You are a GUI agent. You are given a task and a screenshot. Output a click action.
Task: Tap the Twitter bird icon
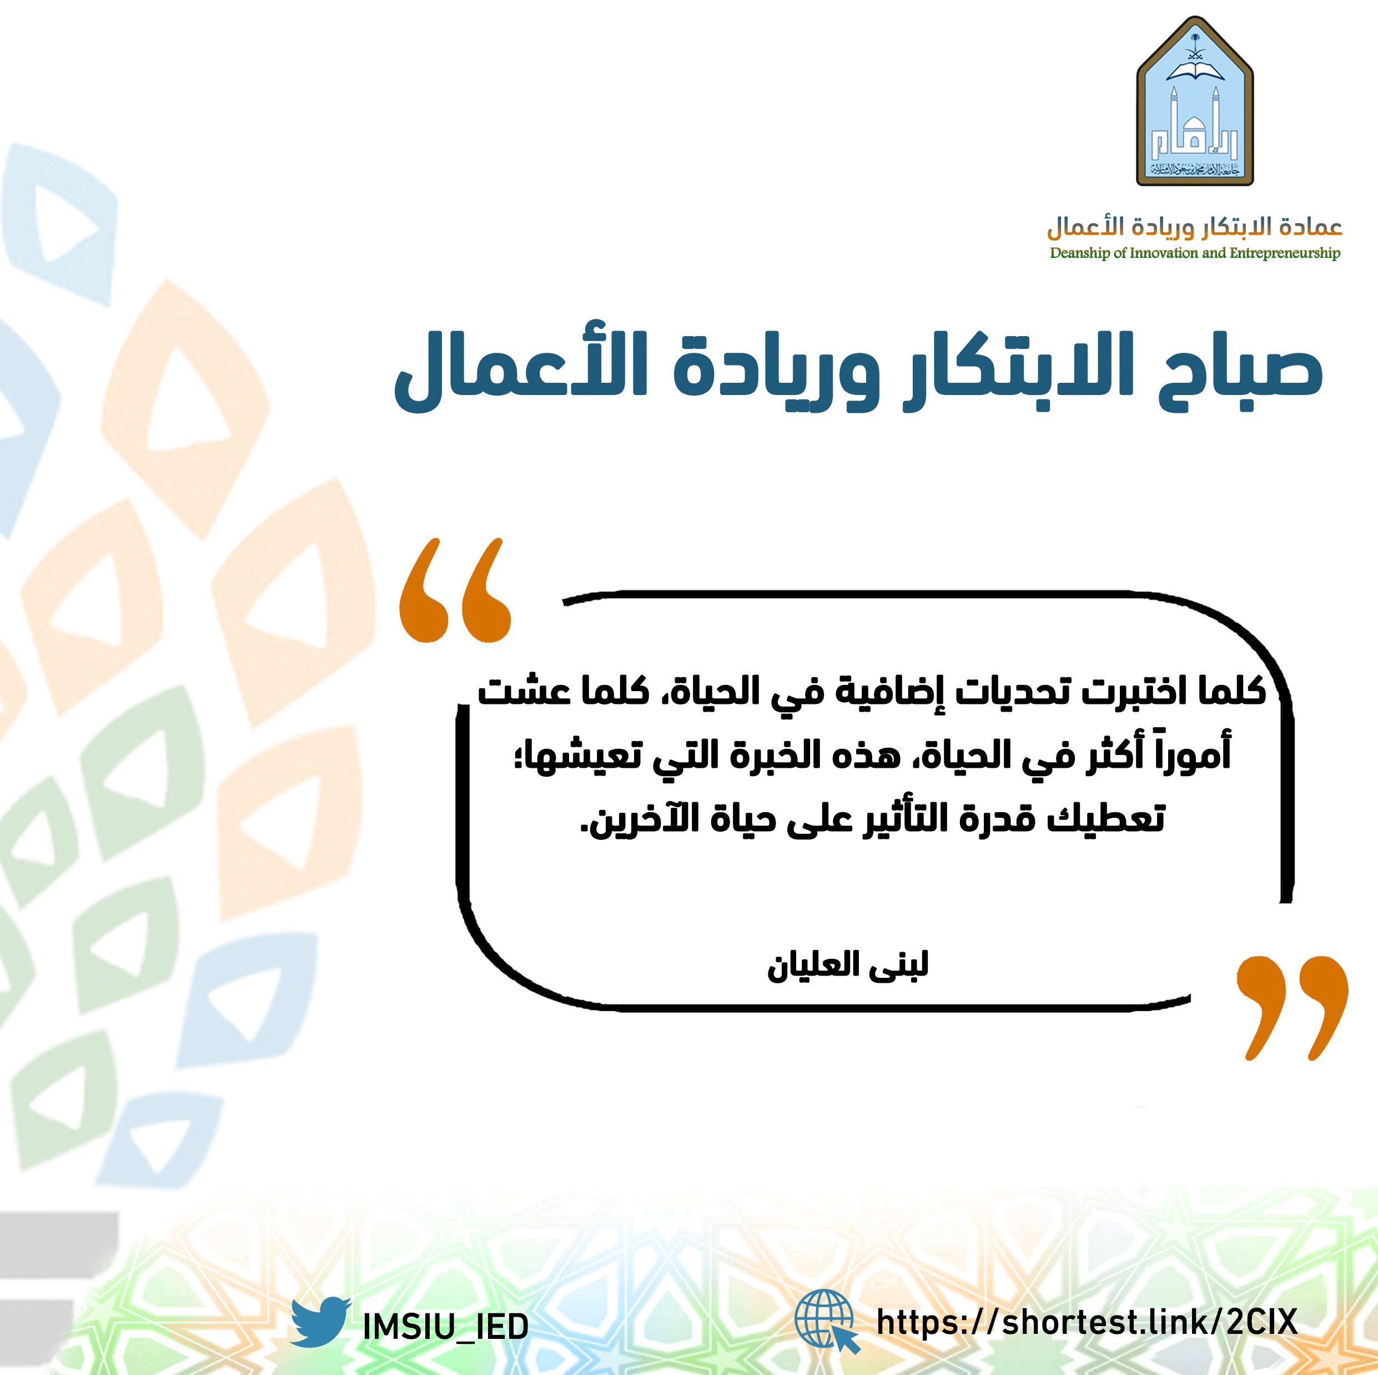[320, 1322]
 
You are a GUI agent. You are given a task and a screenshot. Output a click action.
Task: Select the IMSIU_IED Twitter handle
[445, 1326]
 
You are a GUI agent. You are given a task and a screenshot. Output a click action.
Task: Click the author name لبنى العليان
[847, 966]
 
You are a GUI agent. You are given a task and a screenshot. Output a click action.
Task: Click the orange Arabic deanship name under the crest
[1194, 227]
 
